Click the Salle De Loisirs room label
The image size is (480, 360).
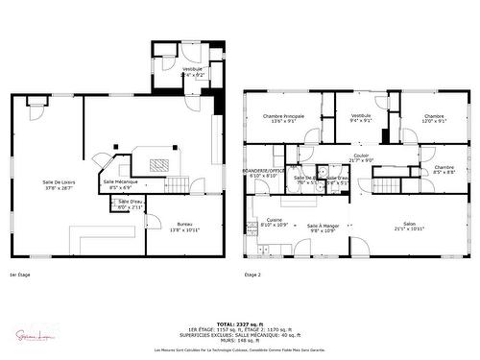[x=59, y=184]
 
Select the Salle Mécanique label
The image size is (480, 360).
[x=120, y=184]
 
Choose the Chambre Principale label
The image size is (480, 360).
[x=283, y=119]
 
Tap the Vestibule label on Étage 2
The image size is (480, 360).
[x=361, y=119]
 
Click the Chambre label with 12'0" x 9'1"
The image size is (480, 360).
[x=435, y=119]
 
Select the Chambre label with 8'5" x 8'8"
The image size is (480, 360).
[x=443, y=170]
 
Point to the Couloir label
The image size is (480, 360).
[x=361, y=157]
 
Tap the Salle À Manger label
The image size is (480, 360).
[x=322, y=228]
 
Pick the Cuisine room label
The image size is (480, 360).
[x=275, y=222]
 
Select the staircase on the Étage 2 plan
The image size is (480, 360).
[x=386, y=185]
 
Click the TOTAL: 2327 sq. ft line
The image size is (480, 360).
[x=239, y=324]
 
